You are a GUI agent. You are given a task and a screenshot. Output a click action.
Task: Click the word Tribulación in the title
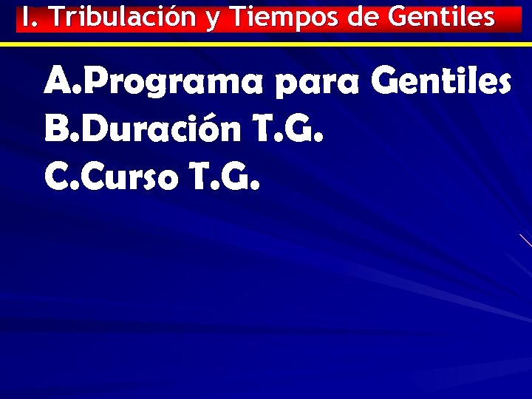click(120, 17)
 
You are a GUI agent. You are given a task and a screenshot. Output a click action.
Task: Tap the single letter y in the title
click(213, 19)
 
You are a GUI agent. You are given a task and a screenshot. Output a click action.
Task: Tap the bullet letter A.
click(59, 81)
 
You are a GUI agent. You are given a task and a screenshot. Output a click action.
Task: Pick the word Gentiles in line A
click(440, 81)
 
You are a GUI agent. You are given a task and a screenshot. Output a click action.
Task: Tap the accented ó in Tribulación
click(174, 17)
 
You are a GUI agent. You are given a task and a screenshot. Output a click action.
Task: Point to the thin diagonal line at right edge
click(525, 239)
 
